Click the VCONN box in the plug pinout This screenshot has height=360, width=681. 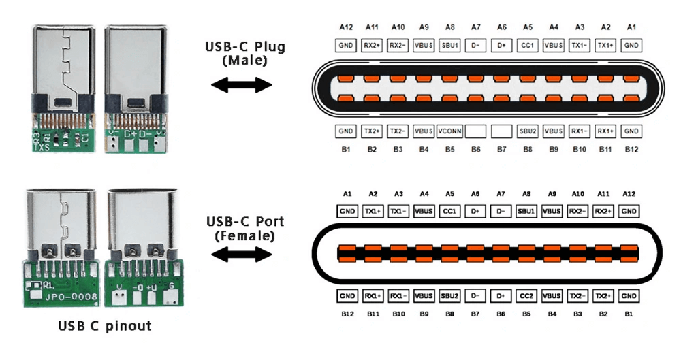[449, 131]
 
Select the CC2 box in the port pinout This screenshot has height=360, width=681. [526, 296]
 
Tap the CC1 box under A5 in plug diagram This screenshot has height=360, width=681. [527, 46]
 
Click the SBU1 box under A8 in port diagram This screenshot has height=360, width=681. [526, 211]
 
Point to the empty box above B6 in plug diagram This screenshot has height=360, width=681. [475, 131]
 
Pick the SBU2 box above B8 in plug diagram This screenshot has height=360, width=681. [527, 131]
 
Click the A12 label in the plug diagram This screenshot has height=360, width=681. [346, 28]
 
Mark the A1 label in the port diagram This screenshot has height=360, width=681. [347, 194]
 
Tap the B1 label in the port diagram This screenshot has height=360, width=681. [629, 314]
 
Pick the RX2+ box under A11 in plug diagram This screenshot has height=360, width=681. [372, 46]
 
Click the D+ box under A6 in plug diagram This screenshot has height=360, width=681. [501, 46]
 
